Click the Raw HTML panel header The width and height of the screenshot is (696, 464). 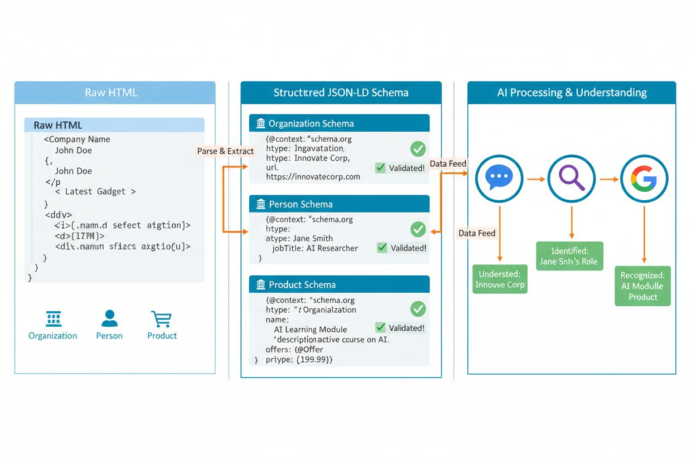[x=114, y=93]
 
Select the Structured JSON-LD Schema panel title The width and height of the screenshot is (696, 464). [x=341, y=93]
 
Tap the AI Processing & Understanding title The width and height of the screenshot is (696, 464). [x=572, y=93]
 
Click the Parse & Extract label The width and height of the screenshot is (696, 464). [x=225, y=151]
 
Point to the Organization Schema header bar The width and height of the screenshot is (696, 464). [x=339, y=123]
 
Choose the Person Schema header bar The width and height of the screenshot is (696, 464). [x=339, y=204]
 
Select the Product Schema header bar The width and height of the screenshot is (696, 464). [x=339, y=284]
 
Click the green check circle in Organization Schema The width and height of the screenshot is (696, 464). [x=418, y=148]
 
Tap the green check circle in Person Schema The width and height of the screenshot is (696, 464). [x=418, y=229]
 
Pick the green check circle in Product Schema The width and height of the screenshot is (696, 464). [x=418, y=309]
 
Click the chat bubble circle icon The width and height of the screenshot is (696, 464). [x=499, y=179]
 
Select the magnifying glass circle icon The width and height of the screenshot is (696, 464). [x=572, y=179]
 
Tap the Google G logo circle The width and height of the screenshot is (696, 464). [x=644, y=179]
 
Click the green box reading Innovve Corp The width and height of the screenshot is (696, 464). [x=500, y=279]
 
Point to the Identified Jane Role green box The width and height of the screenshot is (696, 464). [x=569, y=256]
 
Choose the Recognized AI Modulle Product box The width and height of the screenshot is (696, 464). [x=642, y=286]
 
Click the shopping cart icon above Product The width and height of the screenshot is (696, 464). [x=161, y=319]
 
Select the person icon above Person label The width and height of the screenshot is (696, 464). [x=109, y=319]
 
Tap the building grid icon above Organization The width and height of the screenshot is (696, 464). [x=54, y=319]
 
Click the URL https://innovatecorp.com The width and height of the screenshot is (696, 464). [x=313, y=177]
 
